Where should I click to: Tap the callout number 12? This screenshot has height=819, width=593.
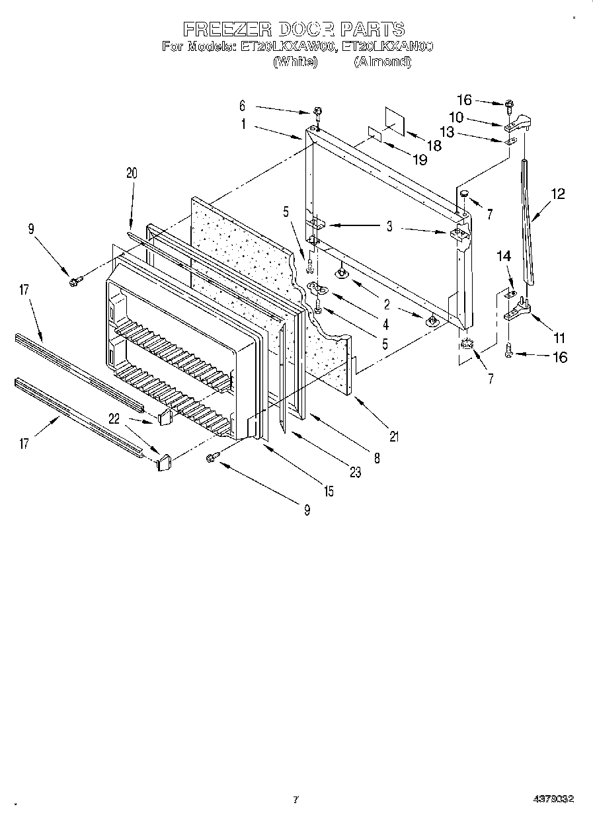[x=558, y=194]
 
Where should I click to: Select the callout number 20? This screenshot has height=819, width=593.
[x=132, y=173]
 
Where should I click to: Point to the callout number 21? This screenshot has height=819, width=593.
[x=394, y=436]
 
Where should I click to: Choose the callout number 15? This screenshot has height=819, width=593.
[x=329, y=490]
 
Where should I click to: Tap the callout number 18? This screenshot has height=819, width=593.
[x=434, y=146]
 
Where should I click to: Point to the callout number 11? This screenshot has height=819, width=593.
[x=559, y=338]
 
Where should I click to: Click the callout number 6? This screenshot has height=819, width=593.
[x=243, y=105]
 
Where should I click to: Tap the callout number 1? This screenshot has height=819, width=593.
[x=244, y=123]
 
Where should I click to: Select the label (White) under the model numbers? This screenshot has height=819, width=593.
[x=296, y=61]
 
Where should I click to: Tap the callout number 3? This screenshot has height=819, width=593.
[x=390, y=226]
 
